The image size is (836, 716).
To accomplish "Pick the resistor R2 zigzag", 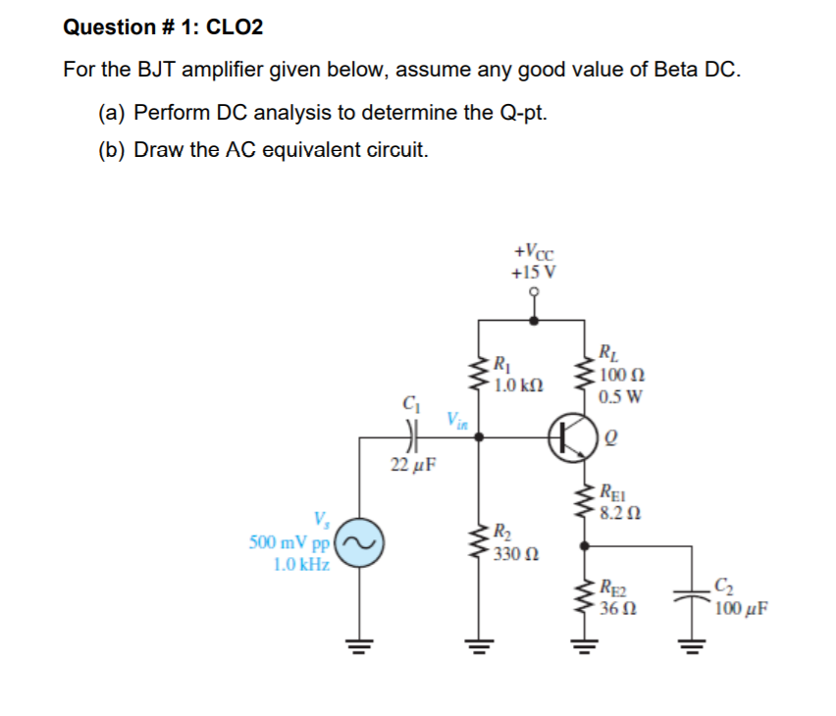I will (x=480, y=542).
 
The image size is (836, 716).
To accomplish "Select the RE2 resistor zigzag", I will (x=587, y=597).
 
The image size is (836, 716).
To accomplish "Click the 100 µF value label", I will (x=742, y=608).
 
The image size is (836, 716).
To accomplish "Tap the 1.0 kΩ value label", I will (x=517, y=384).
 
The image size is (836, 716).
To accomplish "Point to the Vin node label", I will (x=458, y=421).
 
